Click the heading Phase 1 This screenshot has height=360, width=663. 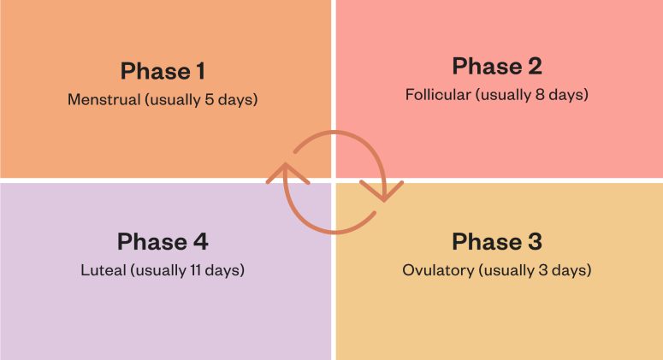coord(163,70)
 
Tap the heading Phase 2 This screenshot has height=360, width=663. coord(497,66)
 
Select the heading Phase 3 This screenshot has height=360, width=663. coord(497,241)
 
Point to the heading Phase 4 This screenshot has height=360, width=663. coord(163,241)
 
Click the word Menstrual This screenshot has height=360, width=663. coord(104,99)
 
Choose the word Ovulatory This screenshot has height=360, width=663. coord(437,271)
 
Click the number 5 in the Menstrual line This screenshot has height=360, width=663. coord(211,99)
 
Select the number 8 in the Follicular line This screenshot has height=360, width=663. coord(548,94)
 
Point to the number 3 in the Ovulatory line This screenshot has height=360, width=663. coord(552,271)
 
